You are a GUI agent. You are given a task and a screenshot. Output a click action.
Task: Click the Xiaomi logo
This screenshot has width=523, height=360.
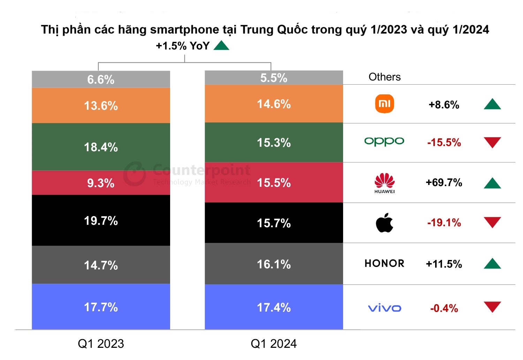(384, 104)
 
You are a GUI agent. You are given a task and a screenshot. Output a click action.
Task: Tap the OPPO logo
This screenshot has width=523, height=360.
(384, 141)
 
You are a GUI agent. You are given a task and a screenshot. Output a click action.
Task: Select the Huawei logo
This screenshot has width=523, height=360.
(384, 183)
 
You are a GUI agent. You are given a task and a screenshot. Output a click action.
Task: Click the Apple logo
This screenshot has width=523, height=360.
(384, 223)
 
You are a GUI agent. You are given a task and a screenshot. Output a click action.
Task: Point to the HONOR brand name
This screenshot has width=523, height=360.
(384, 263)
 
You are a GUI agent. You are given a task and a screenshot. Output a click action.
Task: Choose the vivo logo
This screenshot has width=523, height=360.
(384, 308)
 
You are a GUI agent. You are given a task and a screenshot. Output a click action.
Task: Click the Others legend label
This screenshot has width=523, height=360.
(384, 77)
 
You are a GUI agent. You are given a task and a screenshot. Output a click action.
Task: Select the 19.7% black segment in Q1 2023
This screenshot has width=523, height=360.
(101, 220)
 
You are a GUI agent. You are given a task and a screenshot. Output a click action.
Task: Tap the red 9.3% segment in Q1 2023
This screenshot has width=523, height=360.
(101, 183)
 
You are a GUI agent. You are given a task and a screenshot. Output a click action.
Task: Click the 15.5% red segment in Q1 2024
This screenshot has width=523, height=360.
(274, 183)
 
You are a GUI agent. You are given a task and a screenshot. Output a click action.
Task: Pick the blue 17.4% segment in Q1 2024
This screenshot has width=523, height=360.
(274, 307)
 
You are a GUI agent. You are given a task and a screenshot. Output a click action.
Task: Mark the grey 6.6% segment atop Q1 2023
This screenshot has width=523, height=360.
(101, 79)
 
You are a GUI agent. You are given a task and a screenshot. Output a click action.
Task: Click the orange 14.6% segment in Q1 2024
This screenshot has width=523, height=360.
(274, 104)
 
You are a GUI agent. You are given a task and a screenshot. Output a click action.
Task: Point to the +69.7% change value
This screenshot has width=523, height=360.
(444, 183)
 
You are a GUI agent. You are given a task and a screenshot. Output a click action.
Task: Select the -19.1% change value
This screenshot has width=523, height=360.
(444, 223)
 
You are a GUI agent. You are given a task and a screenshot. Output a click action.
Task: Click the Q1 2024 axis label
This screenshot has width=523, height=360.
(274, 344)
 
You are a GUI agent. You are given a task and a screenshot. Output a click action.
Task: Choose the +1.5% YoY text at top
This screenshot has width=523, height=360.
(182, 46)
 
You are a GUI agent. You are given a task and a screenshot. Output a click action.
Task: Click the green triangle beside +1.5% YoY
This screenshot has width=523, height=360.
(221, 46)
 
